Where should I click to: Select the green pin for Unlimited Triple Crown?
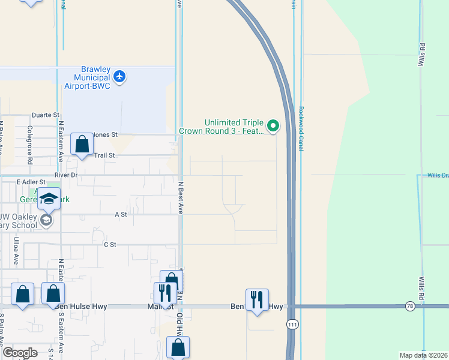273,125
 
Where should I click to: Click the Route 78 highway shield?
411,306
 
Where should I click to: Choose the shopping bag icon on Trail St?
82,145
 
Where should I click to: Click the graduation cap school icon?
49,199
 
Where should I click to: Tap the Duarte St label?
46,115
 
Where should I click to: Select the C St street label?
109,244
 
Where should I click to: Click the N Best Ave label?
180,198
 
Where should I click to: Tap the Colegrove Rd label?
29,145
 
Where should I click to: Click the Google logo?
20,353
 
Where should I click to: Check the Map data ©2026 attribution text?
423,355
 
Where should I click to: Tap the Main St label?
155,307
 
